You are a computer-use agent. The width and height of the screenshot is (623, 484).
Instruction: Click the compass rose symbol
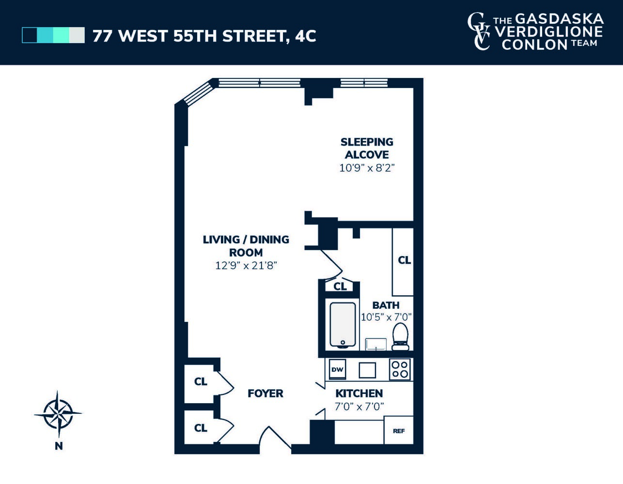tap(58, 414)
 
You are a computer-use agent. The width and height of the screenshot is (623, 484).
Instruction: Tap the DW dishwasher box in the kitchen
tap(337, 369)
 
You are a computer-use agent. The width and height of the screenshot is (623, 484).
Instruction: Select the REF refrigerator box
tap(399, 430)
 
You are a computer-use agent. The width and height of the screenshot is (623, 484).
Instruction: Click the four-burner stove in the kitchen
tap(400, 369)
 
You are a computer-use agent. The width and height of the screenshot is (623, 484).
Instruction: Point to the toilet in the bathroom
tap(400, 336)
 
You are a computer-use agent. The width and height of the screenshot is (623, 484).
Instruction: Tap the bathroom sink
tap(376, 344)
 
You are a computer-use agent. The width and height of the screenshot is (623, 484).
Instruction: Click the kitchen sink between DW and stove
tap(367, 370)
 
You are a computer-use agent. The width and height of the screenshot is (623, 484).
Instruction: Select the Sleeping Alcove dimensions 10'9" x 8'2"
tap(367, 168)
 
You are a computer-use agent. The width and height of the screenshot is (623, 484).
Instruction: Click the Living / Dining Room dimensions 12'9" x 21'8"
tap(246, 265)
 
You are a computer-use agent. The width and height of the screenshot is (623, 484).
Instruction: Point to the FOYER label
tap(265, 393)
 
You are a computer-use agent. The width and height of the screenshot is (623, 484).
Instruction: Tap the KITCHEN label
tap(359, 393)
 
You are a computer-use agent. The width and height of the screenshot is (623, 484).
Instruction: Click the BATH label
tap(386, 305)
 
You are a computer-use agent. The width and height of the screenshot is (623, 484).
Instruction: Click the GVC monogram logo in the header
tap(479, 31)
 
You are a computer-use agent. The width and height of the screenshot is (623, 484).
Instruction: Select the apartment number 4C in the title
tap(305, 36)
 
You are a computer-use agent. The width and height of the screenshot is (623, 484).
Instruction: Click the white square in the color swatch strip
tap(77, 35)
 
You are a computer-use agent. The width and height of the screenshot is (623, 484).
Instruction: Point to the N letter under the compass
tap(59, 446)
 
